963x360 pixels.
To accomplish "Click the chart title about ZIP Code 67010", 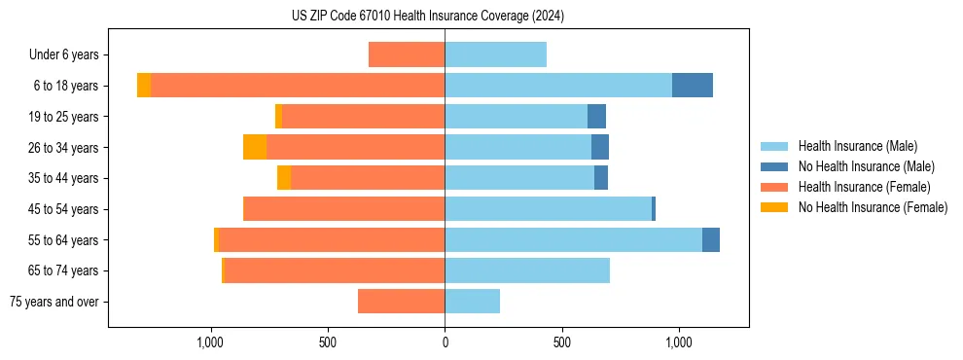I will [x=428, y=17].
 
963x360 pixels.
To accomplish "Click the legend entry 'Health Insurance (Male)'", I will [x=857, y=146].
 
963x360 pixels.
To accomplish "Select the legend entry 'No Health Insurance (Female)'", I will [x=873, y=207].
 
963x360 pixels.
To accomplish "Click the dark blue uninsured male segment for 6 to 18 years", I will [x=692, y=86].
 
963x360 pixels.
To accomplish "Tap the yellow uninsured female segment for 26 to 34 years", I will [x=255, y=147].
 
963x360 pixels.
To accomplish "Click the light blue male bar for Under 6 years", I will [x=495, y=54].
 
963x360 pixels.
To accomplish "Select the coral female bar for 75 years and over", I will [x=401, y=302].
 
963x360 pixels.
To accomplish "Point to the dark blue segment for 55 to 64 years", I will [x=710, y=239].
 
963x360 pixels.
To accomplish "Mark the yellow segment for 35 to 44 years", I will [x=284, y=178].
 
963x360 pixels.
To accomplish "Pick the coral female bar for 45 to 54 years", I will [x=343, y=209].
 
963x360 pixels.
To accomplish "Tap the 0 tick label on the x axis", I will [x=445, y=342].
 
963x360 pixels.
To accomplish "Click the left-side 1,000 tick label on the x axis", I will [x=211, y=342].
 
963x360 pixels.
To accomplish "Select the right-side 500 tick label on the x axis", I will [x=561, y=342].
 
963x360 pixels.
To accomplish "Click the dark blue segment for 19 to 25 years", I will [x=596, y=117].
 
